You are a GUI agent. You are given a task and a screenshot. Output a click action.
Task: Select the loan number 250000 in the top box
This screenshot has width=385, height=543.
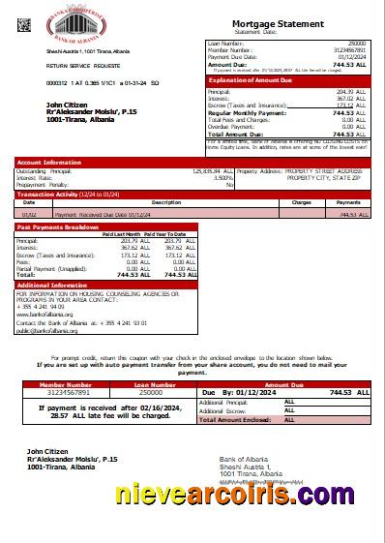[356, 45]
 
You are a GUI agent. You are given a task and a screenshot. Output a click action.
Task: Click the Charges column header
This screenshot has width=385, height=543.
[301, 202]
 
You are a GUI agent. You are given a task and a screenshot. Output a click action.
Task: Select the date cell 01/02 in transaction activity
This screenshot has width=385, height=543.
[30, 213]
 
